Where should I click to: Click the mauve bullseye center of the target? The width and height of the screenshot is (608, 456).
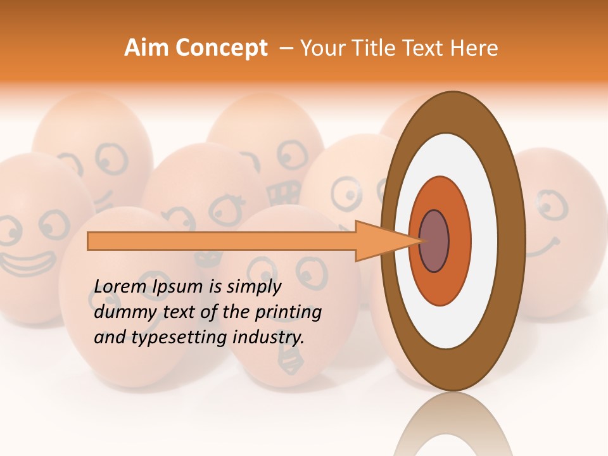[x=434, y=241]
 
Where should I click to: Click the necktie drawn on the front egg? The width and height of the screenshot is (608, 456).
[x=291, y=364]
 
